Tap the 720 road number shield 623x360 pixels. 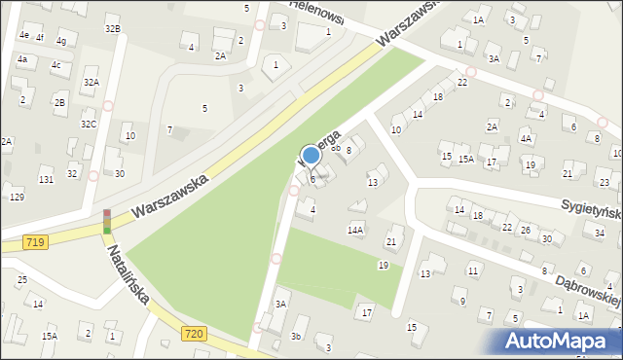[194, 334]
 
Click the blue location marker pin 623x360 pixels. [311, 156]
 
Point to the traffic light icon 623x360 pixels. [107, 221]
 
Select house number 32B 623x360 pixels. [113, 29]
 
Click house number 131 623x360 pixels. [46, 180]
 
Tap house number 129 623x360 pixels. [17, 198]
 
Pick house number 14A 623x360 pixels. [355, 230]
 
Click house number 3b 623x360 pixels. [296, 336]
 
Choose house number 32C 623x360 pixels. [89, 125]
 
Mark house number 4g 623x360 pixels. [61, 41]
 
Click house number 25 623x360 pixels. [22, 280]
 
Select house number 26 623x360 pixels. [525, 230]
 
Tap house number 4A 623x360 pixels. [526, 139]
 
